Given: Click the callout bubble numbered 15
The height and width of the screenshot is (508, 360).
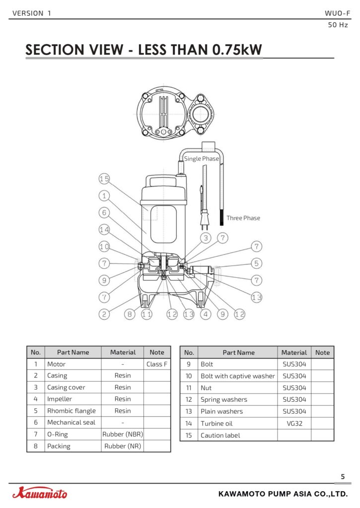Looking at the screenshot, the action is coord(104,179).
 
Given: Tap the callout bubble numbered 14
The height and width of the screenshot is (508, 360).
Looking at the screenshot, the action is coord(104,230).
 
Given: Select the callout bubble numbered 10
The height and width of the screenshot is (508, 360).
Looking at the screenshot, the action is coord(104,247).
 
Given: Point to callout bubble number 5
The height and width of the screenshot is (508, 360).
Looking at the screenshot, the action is coord(257,263).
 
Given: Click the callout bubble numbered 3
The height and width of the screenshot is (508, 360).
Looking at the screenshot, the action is coord(206,238).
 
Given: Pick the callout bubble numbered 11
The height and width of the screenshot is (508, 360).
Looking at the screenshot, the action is coord(146,314).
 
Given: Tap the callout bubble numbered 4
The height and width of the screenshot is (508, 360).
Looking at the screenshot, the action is coord(206,314).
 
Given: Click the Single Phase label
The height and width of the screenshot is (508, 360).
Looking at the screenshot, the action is coord(202,159).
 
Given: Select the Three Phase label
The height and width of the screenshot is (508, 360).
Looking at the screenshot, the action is coord(243,218).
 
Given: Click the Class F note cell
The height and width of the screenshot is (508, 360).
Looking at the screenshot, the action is coord(156,364).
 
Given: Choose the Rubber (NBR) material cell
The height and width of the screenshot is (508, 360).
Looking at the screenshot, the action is coord(123,434).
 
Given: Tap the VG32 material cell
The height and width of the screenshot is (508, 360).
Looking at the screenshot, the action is coord(294,424).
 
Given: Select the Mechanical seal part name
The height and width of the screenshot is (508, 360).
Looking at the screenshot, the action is coord(72,423).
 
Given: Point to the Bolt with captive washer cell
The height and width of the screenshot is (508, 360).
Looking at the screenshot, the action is coord(238,376).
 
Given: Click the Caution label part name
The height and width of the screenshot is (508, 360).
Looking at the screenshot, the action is coord(220,436).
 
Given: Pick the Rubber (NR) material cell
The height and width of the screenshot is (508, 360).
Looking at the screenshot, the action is coord(123,446).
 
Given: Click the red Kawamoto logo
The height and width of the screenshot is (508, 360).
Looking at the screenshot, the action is coord(40,493).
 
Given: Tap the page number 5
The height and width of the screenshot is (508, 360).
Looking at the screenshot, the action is coord(343,477).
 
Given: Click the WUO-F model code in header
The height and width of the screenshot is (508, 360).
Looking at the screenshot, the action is coord(337,13).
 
